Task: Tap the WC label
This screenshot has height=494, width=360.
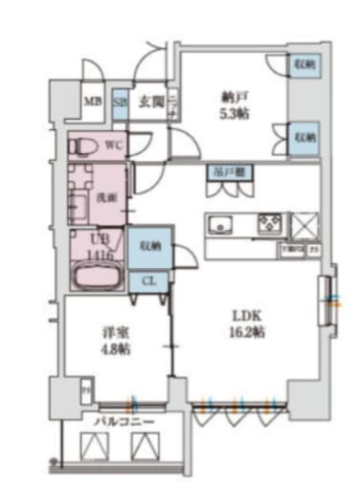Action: (113, 146)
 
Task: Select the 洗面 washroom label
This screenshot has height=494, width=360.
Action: (106, 196)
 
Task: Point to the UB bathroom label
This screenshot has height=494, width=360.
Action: (100, 240)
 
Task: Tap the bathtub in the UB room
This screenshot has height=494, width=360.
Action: (96, 279)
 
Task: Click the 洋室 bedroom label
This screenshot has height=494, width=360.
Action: (116, 334)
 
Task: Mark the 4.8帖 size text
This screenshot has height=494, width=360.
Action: (116, 349)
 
